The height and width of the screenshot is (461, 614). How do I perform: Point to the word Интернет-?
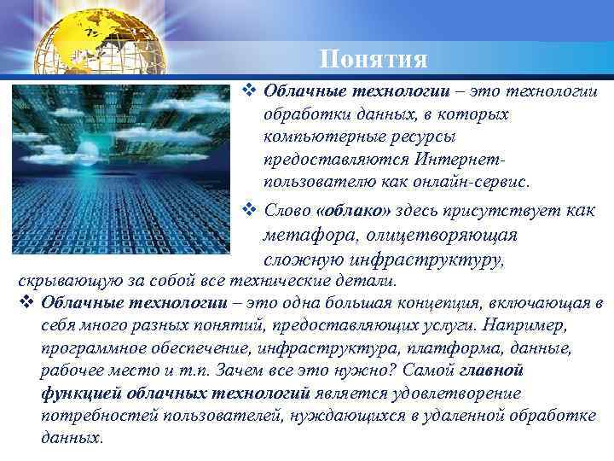pos(461,159)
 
